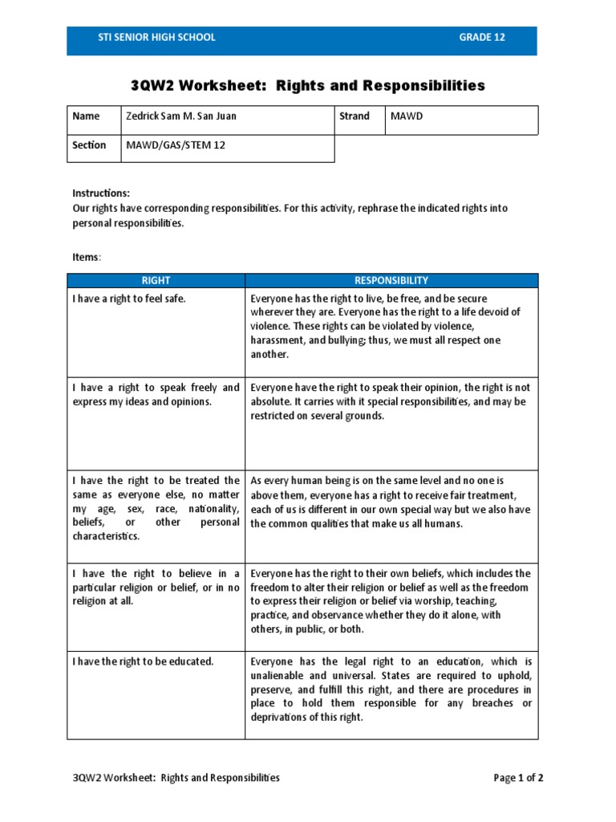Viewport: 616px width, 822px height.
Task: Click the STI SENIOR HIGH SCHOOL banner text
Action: pos(145,38)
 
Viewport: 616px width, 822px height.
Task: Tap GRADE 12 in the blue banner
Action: pos(481,38)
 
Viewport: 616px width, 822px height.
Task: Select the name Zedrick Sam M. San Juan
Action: pos(181,116)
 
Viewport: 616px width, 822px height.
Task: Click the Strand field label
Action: pos(355,116)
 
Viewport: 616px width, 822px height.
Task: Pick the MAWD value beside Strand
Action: pos(406,116)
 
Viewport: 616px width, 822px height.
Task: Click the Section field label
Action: pos(89,145)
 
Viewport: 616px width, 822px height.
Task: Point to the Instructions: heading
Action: pos(101,193)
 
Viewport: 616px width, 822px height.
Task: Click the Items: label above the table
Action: pos(87,257)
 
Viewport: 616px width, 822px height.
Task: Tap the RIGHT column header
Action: pos(156,280)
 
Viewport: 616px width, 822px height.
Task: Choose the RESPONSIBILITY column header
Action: pos(391,280)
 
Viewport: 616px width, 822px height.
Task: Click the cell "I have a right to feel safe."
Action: pos(129,299)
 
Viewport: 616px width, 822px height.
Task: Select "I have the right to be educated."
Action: pos(143,661)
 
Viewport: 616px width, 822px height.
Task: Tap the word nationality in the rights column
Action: pos(213,509)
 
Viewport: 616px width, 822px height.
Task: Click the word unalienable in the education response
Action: pos(282,676)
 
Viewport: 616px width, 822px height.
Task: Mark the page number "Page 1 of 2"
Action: pos(518,778)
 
